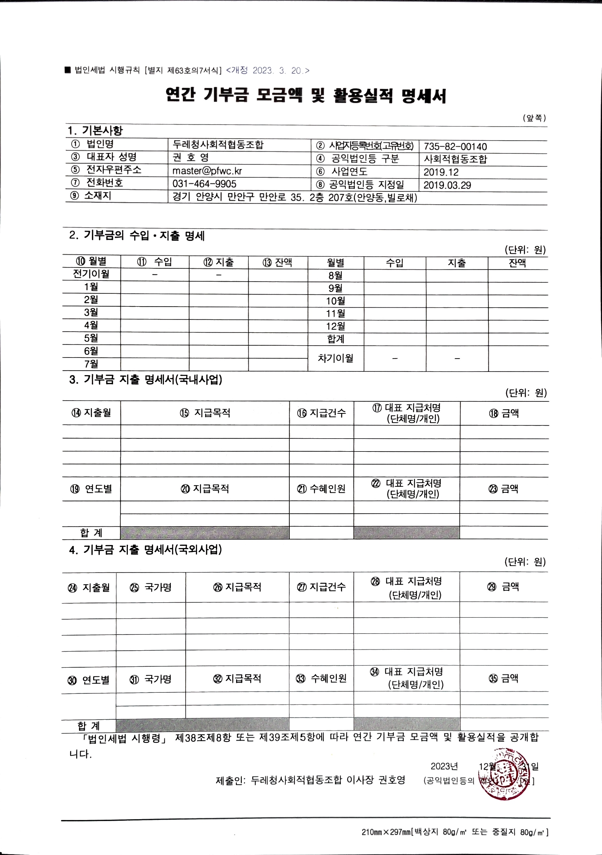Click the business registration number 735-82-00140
click(x=455, y=146)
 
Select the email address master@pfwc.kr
click(x=207, y=171)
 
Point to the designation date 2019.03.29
click(x=447, y=185)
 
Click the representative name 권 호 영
click(x=191, y=157)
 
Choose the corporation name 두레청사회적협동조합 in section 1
click(x=218, y=144)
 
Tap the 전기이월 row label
click(x=91, y=274)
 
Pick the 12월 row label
click(x=335, y=326)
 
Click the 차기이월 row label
click(x=335, y=358)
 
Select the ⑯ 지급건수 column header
click(x=321, y=413)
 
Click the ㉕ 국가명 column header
click(x=151, y=587)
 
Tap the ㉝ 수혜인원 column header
click(x=321, y=678)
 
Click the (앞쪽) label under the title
click(x=534, y=118)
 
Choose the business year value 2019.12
click(x=441, y=172)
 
